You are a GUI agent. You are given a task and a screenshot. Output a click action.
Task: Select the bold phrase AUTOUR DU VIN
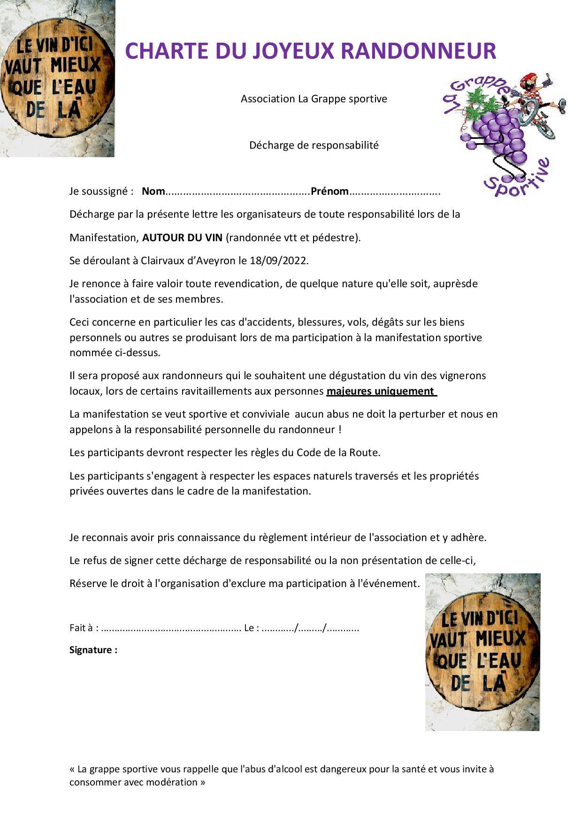pos(182,237)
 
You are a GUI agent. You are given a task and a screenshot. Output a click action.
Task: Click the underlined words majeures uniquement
pos(381,391)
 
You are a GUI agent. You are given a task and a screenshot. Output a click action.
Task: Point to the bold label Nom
pos(153,191)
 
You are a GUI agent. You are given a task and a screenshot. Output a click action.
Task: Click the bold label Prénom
pos(329,191)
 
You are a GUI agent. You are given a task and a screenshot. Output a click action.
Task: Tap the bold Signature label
pos(93,650)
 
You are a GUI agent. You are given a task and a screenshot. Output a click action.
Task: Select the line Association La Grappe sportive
pos(314,99)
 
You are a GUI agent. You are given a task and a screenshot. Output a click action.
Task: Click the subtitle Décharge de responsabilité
pos(314,145)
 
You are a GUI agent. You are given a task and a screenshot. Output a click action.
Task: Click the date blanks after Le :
pos(310,628)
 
